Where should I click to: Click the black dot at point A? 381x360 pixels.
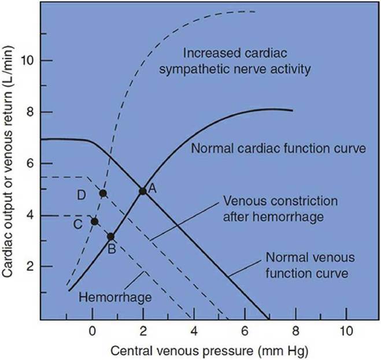point(142,190)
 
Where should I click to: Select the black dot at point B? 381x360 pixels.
point(111,236)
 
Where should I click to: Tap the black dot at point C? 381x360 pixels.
point(95,221)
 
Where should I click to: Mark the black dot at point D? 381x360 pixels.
point(103,193)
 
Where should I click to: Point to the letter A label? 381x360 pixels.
point(153,188)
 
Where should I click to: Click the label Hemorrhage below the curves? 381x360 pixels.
point(114,297)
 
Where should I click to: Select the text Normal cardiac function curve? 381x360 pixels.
point(279,148)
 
